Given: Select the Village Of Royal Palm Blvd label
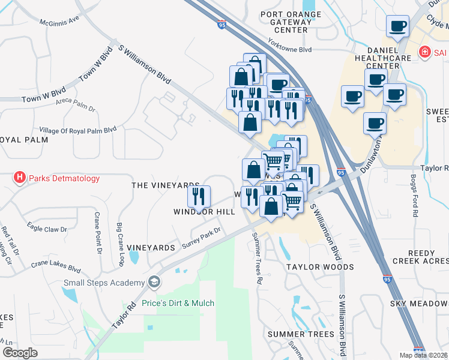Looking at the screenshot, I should (x=77, y=130).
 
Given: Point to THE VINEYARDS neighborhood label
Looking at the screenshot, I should (x=165, y=186).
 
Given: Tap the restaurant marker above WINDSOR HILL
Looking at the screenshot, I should (x=199, y=196).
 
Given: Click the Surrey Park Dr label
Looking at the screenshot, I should (x=202, y=236).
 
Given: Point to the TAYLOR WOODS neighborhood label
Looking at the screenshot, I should (x=319, y=267).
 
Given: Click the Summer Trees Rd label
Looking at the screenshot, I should (x=256, y=258).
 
